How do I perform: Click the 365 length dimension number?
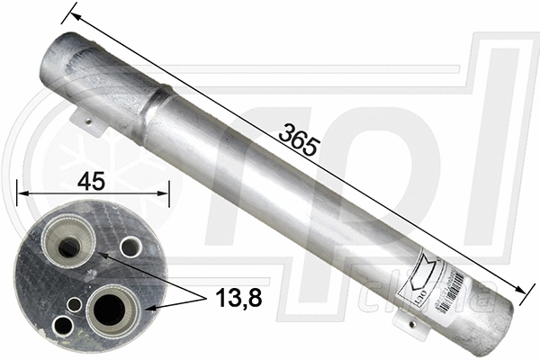(298, 140)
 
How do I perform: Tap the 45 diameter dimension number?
(90, 181)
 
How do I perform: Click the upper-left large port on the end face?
(66, 237)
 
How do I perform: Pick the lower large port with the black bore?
(110, 308)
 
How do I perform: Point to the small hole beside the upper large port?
(131, 247)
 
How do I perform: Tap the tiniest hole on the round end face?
(76, 305)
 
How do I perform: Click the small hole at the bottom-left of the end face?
(63, 325)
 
